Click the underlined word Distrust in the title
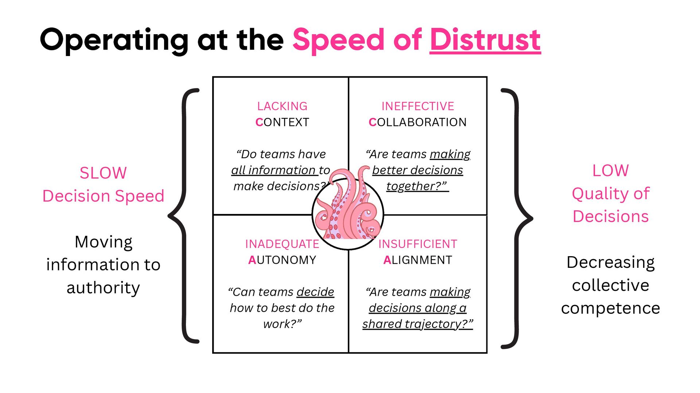(x=485, y=40)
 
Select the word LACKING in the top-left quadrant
(x=282, y=106)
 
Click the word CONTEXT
(x=282, y=122)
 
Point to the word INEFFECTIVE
(x=418, y=106)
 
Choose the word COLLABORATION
(x=418, y=122)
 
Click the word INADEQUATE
(x=282, y=244)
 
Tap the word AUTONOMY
(x=282, y=260)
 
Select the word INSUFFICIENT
(x=418, y=244)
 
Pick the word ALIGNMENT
(x=418, y=260)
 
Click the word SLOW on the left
(x=103, y=173)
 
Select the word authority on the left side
(x=103, y=288)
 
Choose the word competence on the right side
(x=610, y=309)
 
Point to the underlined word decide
(x=315, y=292)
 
